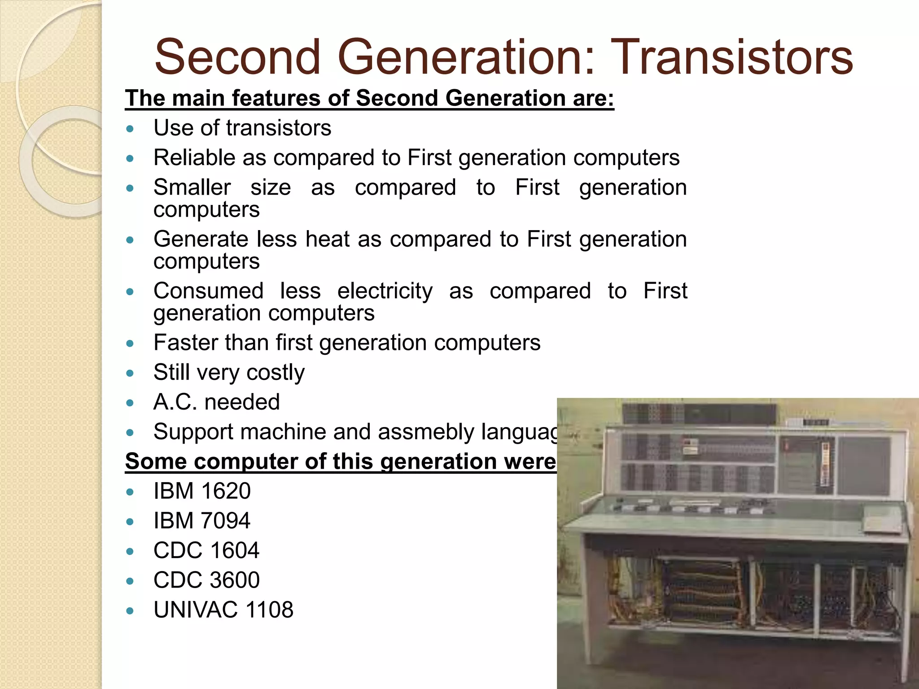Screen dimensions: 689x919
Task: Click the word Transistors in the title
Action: [x=731, y=57]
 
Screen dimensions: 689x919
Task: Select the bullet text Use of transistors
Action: [x=242, y=128]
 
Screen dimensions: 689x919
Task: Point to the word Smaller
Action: [x=192, y=188]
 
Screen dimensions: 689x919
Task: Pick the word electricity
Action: [x=385, y=291]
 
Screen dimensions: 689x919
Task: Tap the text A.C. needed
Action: [x=216, y=402]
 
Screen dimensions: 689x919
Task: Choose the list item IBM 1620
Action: [x=202, y=491]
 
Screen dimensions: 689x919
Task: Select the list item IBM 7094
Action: [x=202, y=521]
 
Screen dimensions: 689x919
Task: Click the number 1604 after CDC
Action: [x=234, y=550]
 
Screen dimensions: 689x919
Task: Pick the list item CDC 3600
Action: [x=206, y=580]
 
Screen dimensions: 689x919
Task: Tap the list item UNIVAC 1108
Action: [x=223, y=610]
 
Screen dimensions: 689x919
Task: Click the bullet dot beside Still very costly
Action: [x=130, y=373]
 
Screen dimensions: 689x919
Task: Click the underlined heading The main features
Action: [x=369, y=98]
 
